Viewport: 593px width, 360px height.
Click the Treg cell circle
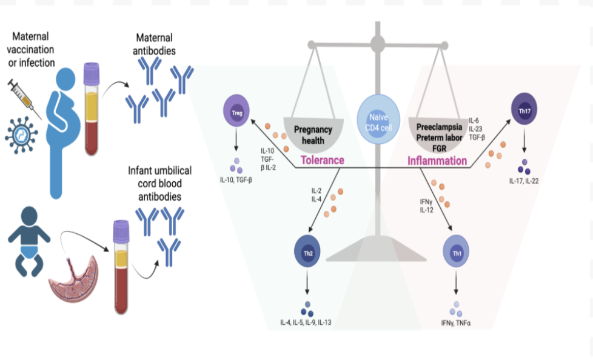tap(237, 111)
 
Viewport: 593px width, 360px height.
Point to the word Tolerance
tap(323, 161)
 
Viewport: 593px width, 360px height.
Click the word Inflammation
tap(437, 161)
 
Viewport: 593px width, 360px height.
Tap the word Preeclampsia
tap(440, 127)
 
